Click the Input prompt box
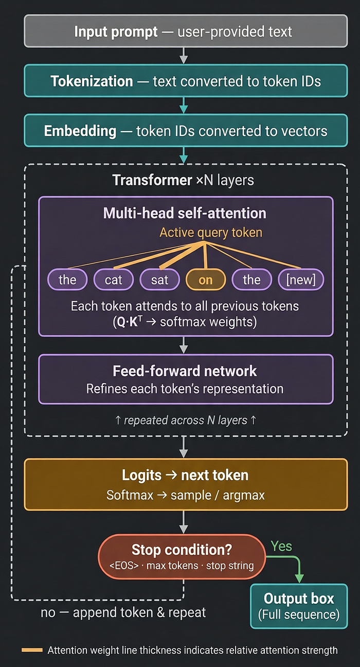coord(186,31)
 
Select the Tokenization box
coord(186,81)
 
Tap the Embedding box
coord(186,130)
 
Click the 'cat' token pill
coord(113,279)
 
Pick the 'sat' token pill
coord(159,279)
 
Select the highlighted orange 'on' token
coord(206,279)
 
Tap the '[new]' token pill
coord(301,279)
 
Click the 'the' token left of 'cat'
coord(67,279)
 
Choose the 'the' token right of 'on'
coord(251,279)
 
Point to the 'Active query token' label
coord(211,233)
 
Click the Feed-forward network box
coord(186,379)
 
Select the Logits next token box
coord(186,484)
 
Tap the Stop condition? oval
coord(182,556)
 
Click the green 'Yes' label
coord(281,546)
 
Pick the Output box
coord(299,606)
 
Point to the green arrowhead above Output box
coord(299,578)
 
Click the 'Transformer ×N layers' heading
coord(183,180)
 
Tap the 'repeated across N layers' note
coord(185,420)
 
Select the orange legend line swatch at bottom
coord(32,650)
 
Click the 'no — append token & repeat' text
coord(123,612)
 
